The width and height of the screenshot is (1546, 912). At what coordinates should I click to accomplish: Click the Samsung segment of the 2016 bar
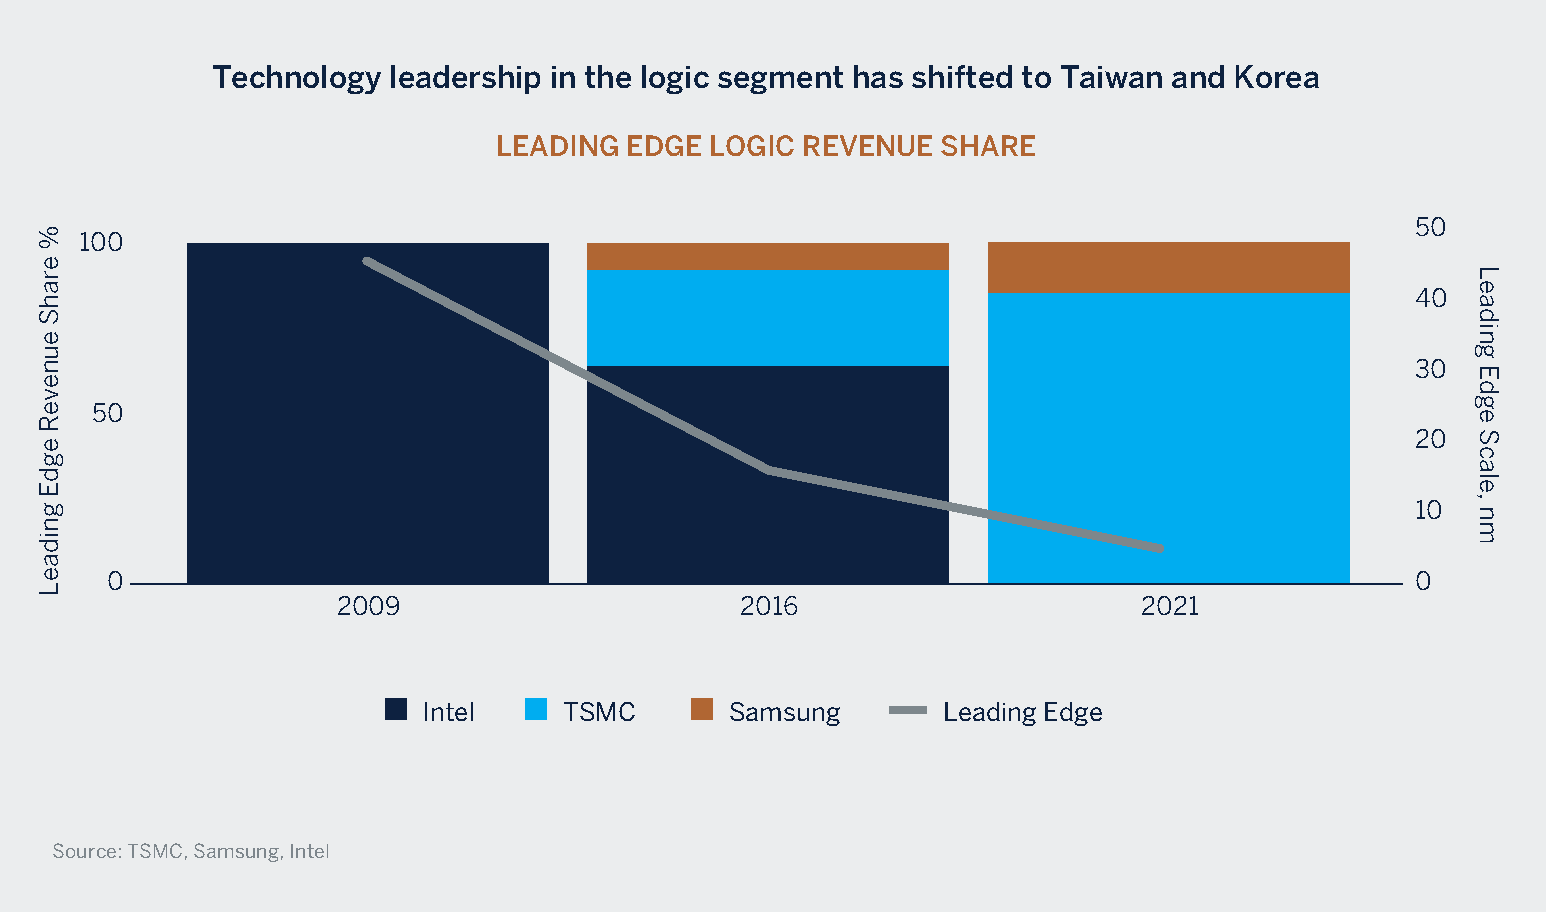click(x=767, y=256)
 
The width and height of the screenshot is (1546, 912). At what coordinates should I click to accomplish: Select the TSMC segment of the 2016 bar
click(x=767, y=317)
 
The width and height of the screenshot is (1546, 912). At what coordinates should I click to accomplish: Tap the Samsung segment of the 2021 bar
click(x=1168, y=267)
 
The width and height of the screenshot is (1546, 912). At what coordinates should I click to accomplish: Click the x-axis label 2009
click(x=368, y=606)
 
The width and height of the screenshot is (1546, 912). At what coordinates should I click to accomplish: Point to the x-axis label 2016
click(x=768, y=606)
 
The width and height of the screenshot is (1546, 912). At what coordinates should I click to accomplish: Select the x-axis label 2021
click(x=1169, y=606)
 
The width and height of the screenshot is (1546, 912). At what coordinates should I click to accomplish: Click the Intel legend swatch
click(x=396, y=710)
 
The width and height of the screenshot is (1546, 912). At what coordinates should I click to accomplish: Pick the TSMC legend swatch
click(x=536, y=710)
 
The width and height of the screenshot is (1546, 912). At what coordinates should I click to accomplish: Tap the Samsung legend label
click(x=784, y=712)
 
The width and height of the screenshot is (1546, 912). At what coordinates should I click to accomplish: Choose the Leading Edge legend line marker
click(x=908, y=711)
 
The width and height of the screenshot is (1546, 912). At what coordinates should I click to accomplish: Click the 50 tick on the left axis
click(x=107, y=413)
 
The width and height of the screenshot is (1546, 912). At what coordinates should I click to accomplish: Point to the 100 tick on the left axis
click(x=100, y=243)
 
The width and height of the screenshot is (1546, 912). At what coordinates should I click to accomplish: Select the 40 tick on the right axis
click(x=1430, y=298)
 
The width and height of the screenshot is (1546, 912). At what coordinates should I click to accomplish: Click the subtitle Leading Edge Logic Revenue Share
click(x=766, y=146)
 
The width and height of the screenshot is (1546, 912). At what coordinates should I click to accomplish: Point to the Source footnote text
click(x=190, y=851)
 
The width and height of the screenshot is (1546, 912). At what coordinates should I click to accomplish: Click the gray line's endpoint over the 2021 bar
click(x=1160, y=549)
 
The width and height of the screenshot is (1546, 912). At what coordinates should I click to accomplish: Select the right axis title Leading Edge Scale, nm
click(x=1487, y=404)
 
